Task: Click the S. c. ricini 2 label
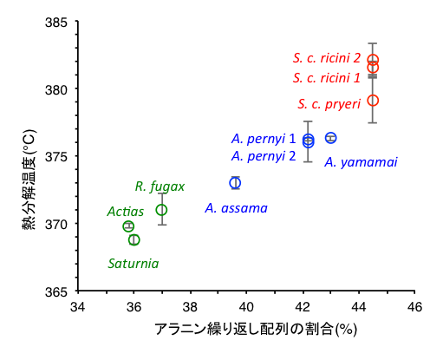tap(327, 58)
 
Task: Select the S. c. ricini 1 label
tap(327, 78)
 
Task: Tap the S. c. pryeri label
tap(329, 104)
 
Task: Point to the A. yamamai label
tap(361, 162)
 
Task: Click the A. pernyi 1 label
tap(264, 139)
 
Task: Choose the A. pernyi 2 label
tap(264, 156)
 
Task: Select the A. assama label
tap(237, 208)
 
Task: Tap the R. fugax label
tap(160, 187)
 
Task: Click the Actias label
tap(126, 212)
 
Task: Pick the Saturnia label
tap(134, 264)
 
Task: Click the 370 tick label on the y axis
tap(55, 224)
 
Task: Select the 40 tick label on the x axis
tap(246, 307)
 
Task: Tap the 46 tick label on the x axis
tap(414, 307)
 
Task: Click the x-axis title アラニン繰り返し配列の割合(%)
tap(256, 330)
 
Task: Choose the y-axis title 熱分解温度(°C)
tap(29, 180)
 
